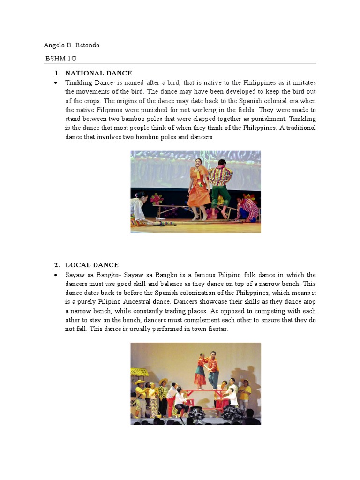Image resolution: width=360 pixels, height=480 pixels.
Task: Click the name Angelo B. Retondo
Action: click(71, 45)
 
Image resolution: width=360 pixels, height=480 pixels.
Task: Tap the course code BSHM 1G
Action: click(60, 59)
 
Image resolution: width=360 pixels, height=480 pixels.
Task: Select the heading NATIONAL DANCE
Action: click(98, 73)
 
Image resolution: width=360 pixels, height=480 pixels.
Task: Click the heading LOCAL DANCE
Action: click(92, 265)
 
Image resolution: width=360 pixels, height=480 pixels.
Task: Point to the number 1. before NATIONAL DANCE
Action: click(57, 73)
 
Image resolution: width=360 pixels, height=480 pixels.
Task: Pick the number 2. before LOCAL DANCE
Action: click(57, 265)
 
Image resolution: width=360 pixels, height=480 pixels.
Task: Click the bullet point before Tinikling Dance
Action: click(56, 83)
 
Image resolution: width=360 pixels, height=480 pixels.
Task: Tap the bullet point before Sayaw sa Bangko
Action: click(56, 275)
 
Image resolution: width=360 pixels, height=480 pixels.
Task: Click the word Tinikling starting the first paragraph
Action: click(78, 83)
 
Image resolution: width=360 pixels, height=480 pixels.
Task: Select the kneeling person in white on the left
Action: click(139, 209)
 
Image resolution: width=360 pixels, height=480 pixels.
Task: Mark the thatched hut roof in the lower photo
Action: click(139, 372)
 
